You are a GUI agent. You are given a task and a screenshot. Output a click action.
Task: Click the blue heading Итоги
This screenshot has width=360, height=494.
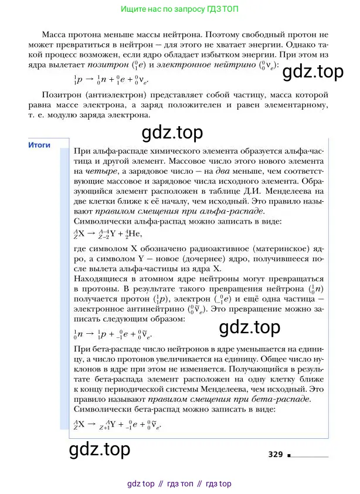tap(39, 146)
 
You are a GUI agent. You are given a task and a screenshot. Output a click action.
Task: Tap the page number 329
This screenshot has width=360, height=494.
tap(276, 454)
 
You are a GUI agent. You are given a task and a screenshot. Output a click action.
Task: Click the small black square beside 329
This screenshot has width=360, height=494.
tap(290, 455)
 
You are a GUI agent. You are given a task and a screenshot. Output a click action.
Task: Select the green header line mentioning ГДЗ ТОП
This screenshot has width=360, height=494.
tap(179, 10)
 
